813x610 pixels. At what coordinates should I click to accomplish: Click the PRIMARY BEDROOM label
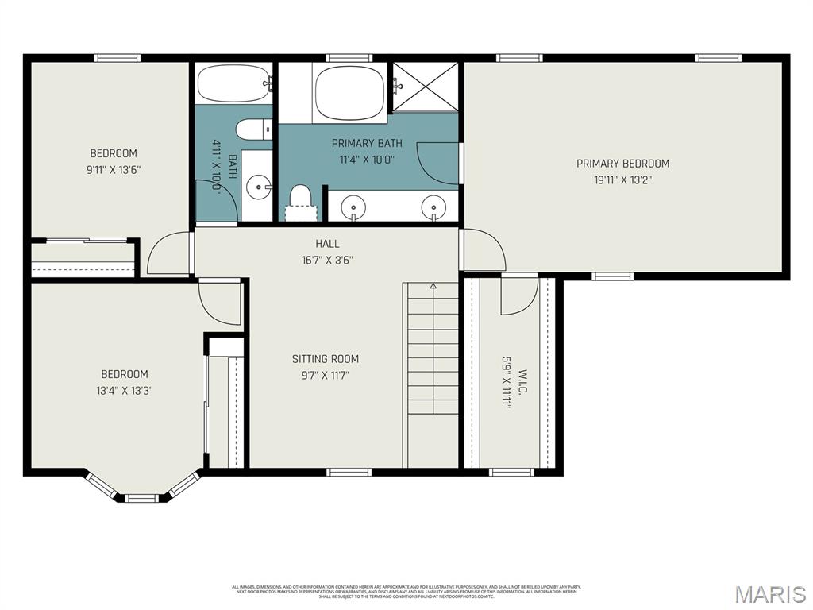tap(622, 164)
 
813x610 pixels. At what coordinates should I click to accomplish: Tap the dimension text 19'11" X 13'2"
tap(622, 180)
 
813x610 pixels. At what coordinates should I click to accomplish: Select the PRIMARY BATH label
tap(367, 144)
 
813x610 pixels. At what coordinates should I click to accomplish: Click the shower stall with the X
tap(426, 86)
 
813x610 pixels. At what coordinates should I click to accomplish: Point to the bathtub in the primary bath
tap(350, 92)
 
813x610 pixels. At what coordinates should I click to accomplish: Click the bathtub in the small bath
tap(233, 83)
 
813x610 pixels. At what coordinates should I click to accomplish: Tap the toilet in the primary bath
tap(300, 199)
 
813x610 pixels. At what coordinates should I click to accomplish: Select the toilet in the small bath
tap(253, 129)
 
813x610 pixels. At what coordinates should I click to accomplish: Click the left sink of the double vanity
tap(353, 207)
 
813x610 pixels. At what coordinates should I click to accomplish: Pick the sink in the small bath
tap(258, 187)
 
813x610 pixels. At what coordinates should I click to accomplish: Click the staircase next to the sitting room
tap(433, 349)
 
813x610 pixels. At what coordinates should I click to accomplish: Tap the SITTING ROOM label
tap(325, 359)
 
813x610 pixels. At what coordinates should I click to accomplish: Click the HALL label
tap(327, 244)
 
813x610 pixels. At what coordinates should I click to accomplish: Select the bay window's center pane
tap(141, 498)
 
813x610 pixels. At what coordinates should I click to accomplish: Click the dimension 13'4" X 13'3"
tap(124, 390)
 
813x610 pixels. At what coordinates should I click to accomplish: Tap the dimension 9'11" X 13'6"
tap(114, 169)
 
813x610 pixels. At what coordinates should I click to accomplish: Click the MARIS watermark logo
tap(771, 594)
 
